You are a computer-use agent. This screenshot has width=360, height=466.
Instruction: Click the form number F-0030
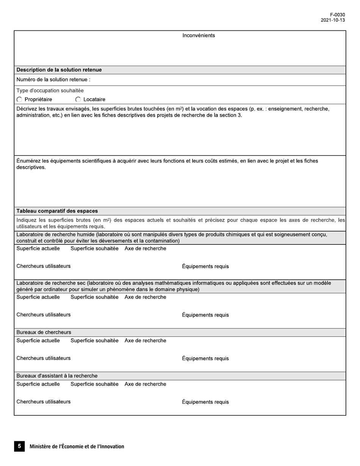(337, 15)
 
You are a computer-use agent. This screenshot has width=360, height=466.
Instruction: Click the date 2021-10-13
(333, 20)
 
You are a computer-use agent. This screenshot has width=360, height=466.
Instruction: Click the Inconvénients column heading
(199, 36)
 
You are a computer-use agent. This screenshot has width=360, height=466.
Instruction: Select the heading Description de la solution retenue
(59, 70)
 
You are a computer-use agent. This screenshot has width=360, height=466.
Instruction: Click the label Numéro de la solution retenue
(53, 80)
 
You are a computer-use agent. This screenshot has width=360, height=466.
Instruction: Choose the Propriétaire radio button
(20, 100)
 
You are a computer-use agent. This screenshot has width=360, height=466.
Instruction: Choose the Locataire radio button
(78, 100)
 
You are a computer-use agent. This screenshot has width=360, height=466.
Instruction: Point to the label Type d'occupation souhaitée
(50, 91)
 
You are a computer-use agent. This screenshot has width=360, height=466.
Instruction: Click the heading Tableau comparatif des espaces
(57, 211)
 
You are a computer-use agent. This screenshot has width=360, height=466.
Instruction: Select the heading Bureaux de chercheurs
(44, 332)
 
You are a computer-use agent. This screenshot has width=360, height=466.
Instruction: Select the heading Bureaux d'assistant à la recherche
(57, 376)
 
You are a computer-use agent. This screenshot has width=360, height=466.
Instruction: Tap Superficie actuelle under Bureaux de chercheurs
(38, 341)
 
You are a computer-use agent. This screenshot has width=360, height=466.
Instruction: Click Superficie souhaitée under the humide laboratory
(94, 249)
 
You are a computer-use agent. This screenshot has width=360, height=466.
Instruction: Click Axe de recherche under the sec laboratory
(145, 297)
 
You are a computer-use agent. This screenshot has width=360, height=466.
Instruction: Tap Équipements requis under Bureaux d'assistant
(205, 402)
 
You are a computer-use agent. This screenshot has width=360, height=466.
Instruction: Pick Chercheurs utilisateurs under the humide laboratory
(43, 266)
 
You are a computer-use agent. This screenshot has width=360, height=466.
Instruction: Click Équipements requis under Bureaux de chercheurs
(205, 358)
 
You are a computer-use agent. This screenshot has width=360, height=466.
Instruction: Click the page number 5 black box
(19, 446)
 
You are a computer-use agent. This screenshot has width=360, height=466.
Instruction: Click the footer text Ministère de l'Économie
(77, 446)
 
